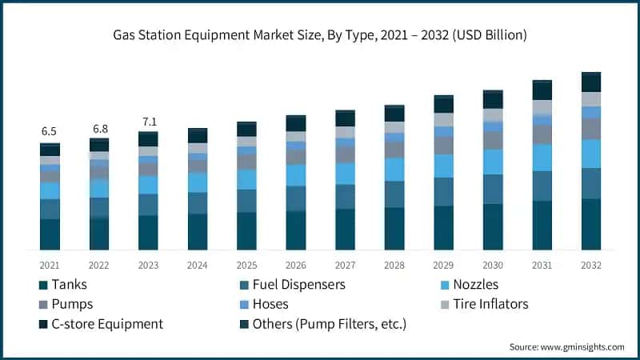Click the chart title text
[x=320, y=35]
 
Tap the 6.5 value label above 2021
[x=50, y=130]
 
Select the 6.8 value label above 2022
[x=99, y=128]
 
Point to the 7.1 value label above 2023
[x=148, y=122]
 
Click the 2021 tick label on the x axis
[x=50, y=265]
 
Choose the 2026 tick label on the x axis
[x=296, y=265]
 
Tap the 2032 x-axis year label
[x=591, y=265]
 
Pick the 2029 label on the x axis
[x=443, y=265]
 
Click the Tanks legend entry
[x=68, y=284]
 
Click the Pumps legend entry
[x=71, y=304]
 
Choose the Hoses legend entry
[x=270, y=304]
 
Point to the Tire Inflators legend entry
[x=490, y=304]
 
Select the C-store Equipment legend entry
[x=106, y=324]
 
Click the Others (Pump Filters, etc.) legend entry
[x=329, y=324]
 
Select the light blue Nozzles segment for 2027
[x=345, y=174]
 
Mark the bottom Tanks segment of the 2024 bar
[x=198, y=232]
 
